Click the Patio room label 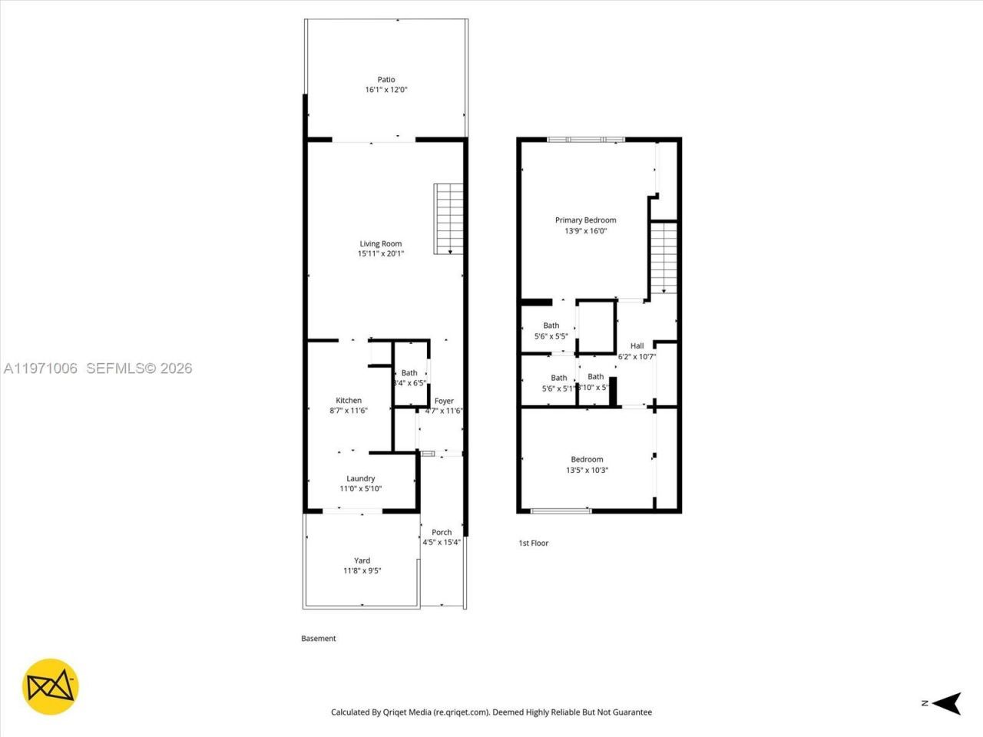coord(386,80)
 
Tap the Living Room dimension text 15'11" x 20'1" coord(381,254)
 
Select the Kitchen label coord(349,401)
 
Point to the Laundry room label coord(360,478)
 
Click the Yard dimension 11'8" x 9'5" coord(362,571)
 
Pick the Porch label coord(442,532)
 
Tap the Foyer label coord(444,401)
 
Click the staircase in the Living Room coord(447,219)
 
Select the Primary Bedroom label coord(585,220)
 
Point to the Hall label coord(637,346)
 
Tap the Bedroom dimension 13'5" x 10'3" coord(587,471)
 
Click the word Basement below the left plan coord(318,639)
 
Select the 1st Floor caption coord(533,544)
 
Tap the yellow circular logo coord(51,686)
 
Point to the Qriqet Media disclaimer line coord(491,712)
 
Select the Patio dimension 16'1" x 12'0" coord(386,90)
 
